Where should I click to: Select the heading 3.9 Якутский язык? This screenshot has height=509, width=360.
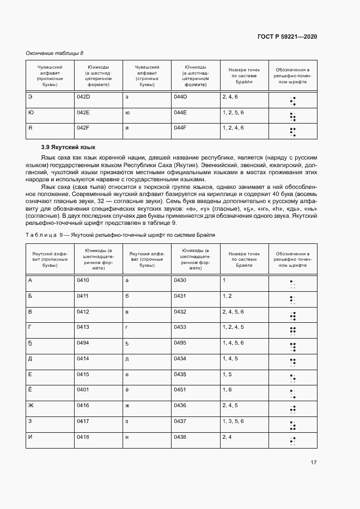[x=68, y=147]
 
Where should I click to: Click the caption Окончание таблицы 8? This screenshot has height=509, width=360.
[x=54, y=53]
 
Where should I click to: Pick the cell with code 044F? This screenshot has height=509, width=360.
[x=180, y=127]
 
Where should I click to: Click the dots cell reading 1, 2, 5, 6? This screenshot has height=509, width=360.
[x=233, y=112]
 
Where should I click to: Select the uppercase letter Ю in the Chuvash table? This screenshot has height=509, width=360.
[x=30, y=112]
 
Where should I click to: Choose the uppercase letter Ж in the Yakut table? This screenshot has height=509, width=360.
[x=30, y=406]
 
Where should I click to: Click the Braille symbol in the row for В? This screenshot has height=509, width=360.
[x=292, y=316]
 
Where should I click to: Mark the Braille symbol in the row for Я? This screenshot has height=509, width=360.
[x=292, y=131]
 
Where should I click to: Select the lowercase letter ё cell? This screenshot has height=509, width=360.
[x=127, y=390]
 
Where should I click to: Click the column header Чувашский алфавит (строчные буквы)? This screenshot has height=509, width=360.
[x=147, y=77]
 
